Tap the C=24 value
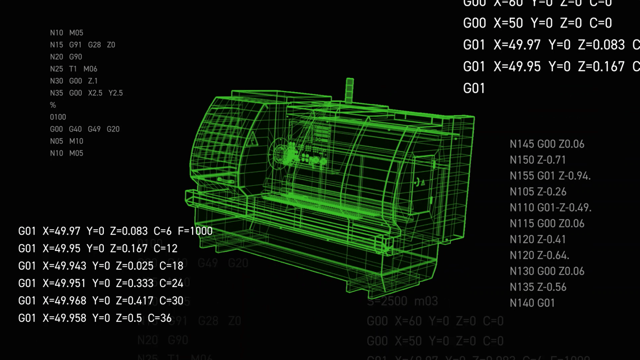click(x=171, y=283)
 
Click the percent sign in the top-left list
click(x=53, y=105)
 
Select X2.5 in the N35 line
click(x=95, y=93)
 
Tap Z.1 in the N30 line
click(x=93, y=81)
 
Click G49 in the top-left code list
click(x=94, y=129)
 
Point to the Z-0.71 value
click(x=552, y=160)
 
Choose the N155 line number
click(x=522, y=176)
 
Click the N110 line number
click(x=522, y=208)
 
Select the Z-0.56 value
click(x=552, y=287)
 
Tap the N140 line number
click(x=522, y=303)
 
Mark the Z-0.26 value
click(x=552, y=192)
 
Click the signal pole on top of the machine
click(x=350, y=90)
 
